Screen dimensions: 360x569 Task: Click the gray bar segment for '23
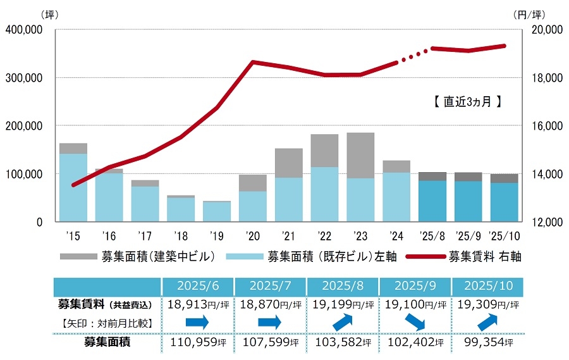(360, 155)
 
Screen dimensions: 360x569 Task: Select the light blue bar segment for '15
(73, 187)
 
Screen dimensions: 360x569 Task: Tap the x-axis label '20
(252, 237)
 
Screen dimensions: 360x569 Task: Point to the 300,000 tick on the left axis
(23, 78)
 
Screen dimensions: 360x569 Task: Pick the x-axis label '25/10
(504, 237)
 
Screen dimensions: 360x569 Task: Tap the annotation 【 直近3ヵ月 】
(465, 101)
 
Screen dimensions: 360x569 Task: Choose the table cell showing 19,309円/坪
(487, 304)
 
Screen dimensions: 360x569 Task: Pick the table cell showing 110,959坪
(197, 344)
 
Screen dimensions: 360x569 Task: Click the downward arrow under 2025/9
(414, 323)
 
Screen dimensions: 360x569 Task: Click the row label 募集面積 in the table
(107, 344)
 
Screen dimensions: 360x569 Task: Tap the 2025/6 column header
(197, 286)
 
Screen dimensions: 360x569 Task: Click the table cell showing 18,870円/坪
(270, 304)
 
